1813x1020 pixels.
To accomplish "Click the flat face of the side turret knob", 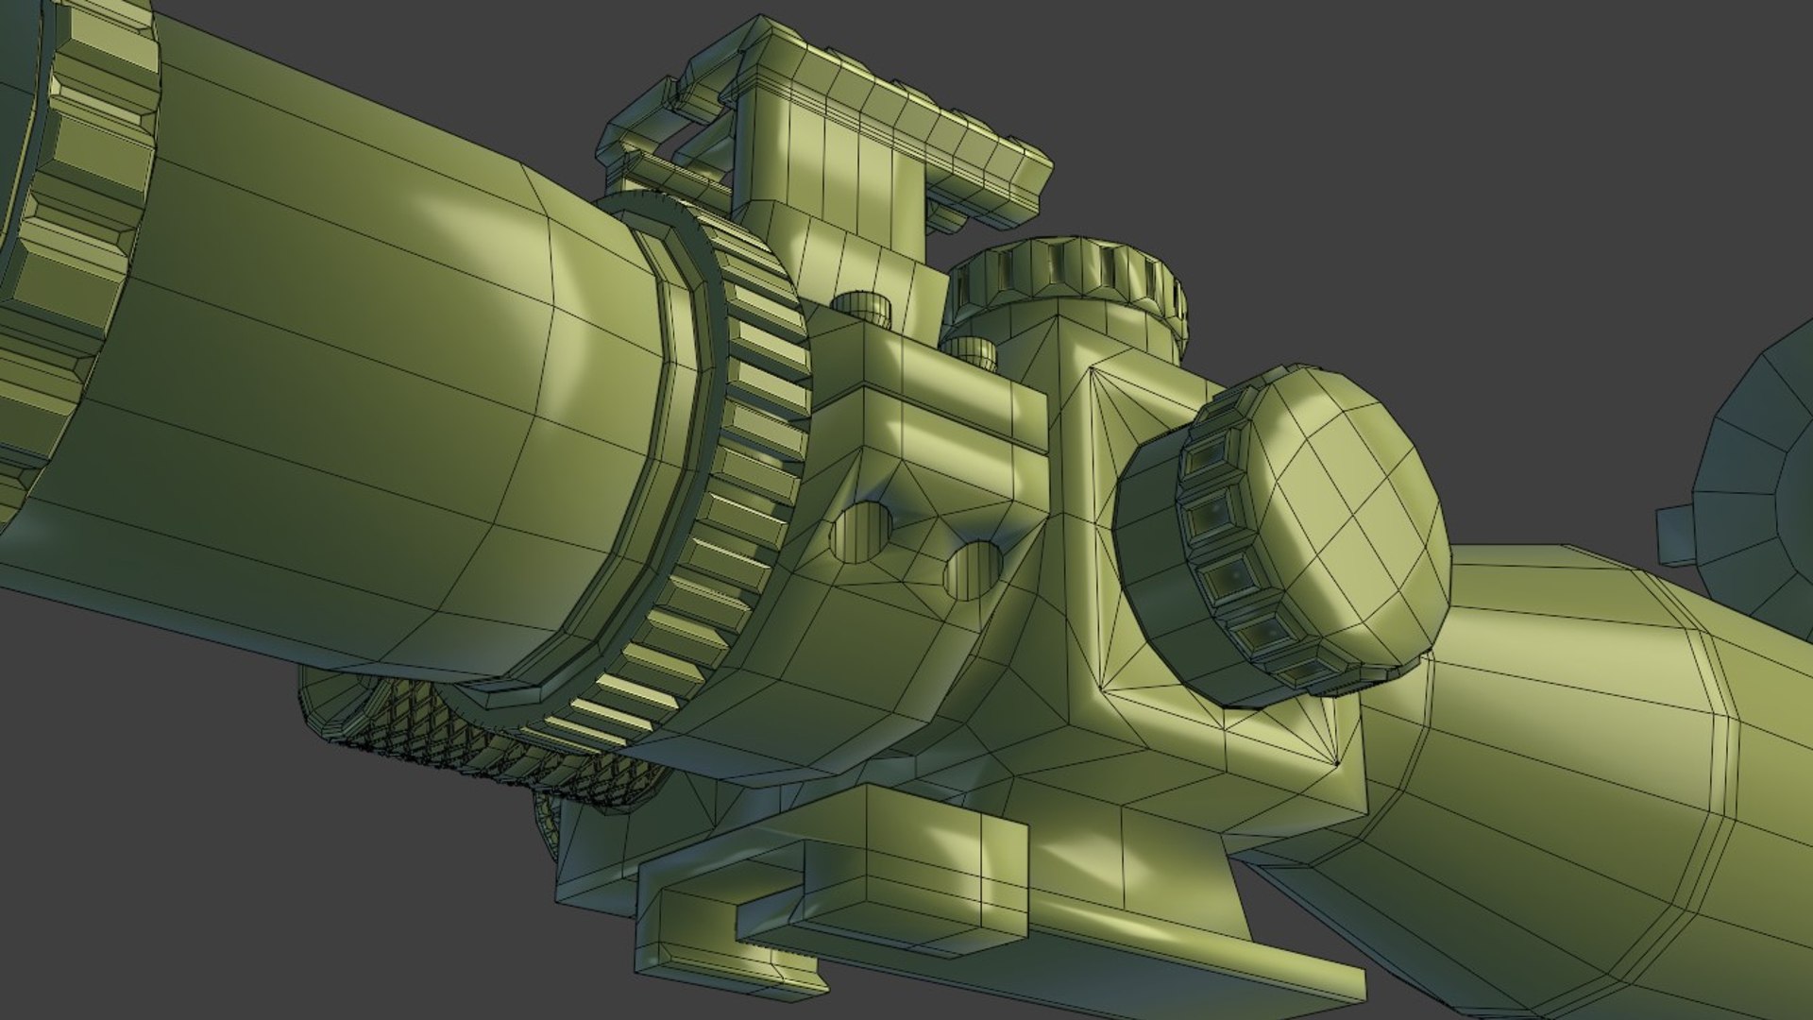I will (x=1341, y=510).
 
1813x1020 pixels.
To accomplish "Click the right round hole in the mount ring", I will (x=973, y=569).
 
